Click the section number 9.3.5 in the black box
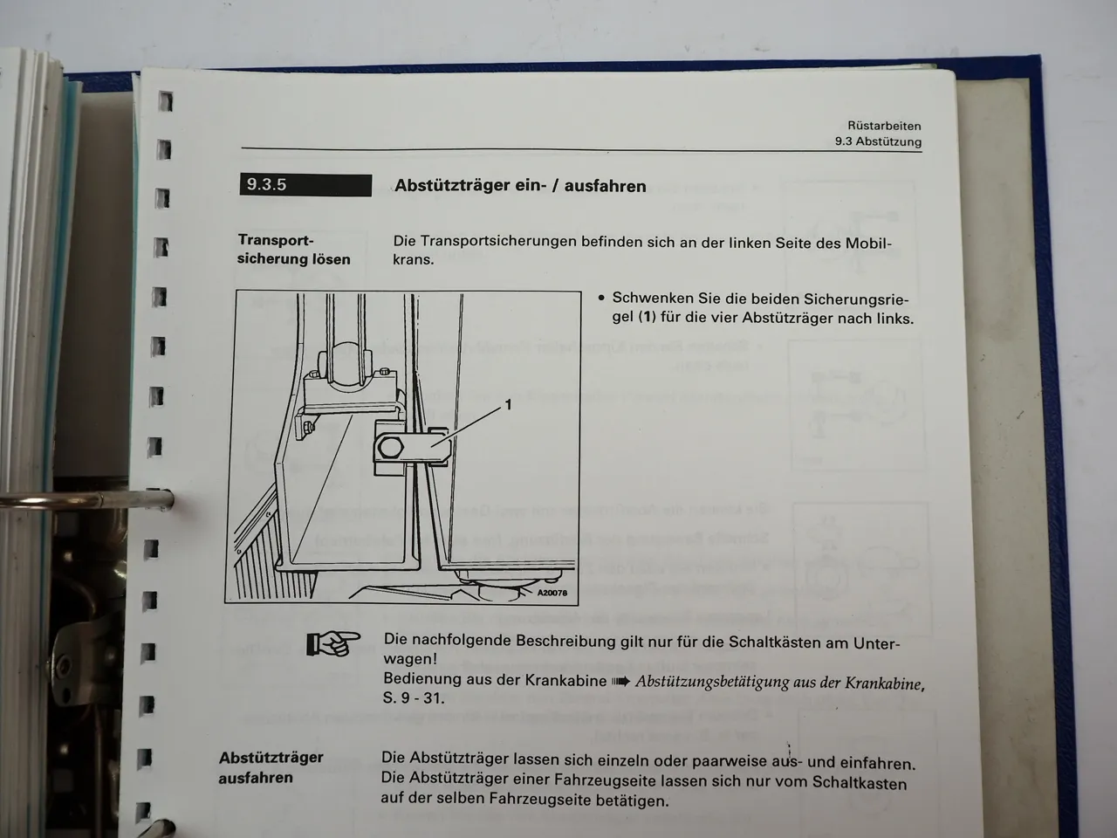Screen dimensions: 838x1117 pyautogui.click(x=267, y=185)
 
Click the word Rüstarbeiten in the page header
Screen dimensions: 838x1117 pyautogui.click(x=884, y=126)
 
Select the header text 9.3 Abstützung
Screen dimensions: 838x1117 pyautogui.click(x=877, y=141)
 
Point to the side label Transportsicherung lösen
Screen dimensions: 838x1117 pyautogui.click(x=293, y=250)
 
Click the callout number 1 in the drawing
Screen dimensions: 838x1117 pyautogui.click(x=508, y=405)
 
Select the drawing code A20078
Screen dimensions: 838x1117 pyautogui.click(x=552, y=593)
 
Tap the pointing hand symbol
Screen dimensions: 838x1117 pyautogui.click(x=333, y=644)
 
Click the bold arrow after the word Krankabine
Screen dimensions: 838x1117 pyautogui.click(x=620, y=681)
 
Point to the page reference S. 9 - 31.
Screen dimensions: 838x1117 pyautogui.click(x=414, y=698)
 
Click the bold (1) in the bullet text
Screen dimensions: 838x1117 pyautogui.click(x=647, y=318)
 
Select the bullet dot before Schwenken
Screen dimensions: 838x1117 pyautogui.click(x=601, y=298)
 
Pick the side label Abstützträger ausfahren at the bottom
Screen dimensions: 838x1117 pyautogui.click(x=271, y=767)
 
